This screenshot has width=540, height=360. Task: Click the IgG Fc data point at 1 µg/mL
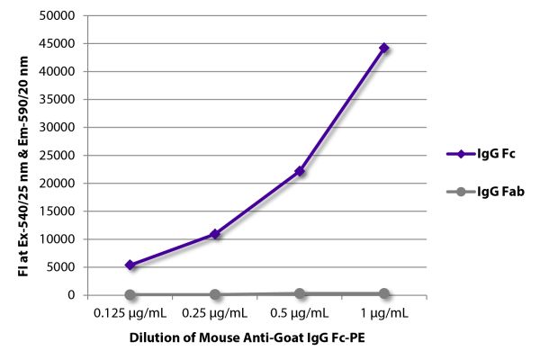[x=384, y=48]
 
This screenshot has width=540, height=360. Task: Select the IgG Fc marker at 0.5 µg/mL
[x=300, y=171]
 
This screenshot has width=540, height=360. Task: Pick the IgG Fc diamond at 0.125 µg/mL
[x=130, y=265]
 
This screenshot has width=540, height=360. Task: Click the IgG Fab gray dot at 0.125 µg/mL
[x=130, y=294]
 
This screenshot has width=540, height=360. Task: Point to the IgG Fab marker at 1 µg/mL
[x=384, y=293]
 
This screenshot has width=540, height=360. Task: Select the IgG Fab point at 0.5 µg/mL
[x=300, y=293]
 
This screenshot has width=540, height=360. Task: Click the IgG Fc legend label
[x=497, y=155]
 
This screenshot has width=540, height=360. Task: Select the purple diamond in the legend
[x=459, y=155]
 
